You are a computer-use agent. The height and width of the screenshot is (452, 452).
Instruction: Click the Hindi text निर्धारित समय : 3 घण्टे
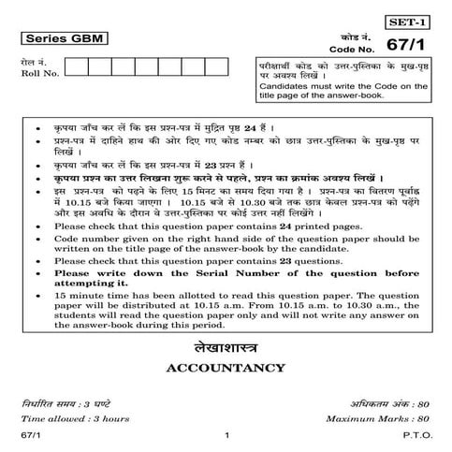(68, 402)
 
